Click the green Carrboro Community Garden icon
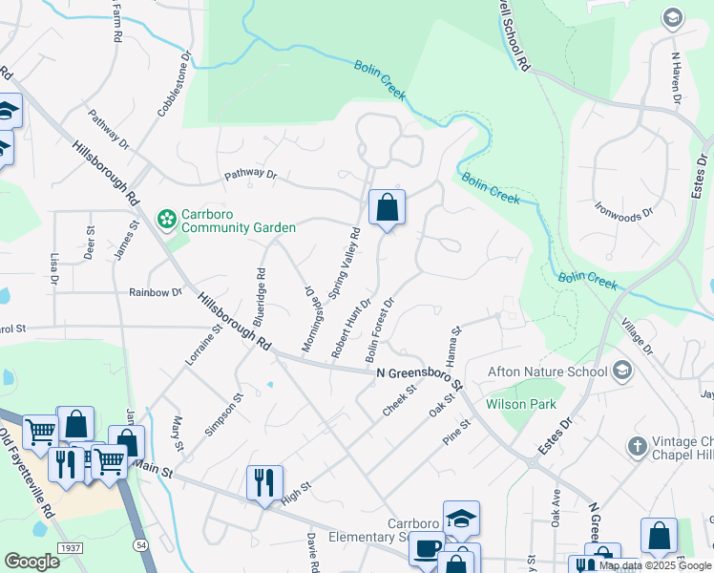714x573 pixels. point(167,220)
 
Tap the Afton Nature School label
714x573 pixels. point(547,371)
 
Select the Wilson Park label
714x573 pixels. point(521,404)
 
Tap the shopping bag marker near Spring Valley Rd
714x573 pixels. point(387,207)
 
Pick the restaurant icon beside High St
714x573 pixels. point(265,481)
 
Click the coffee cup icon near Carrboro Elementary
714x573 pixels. point(427,548)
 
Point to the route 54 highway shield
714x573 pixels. point(141,543)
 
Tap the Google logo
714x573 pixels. point(31,562)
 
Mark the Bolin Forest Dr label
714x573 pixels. point(378,330)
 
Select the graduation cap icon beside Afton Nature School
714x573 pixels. point(622,370)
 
